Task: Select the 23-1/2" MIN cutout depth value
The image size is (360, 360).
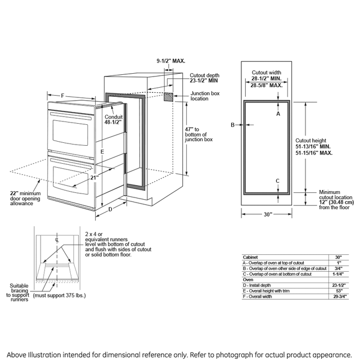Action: (x=204, y=80)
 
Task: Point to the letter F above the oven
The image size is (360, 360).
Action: (x=62, y=96)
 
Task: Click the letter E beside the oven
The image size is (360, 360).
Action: (x=102, y=152)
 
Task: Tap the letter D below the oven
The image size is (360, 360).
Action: (x=110, y=209)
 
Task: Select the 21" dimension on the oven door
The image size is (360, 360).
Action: (x=94, y=178)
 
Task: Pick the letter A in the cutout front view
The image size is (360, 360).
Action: (x=277, y=114)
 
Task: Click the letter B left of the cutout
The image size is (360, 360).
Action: (x=232, y=125)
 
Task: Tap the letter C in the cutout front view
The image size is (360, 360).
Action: (x=277, y=180)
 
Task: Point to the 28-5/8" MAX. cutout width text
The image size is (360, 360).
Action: (x=267, y=85)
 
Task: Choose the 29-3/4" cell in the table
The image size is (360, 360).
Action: (x=337, y=295)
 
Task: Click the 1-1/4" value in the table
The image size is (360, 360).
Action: (x=337, y=274)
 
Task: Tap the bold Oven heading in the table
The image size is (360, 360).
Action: (x=247, y=279)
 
